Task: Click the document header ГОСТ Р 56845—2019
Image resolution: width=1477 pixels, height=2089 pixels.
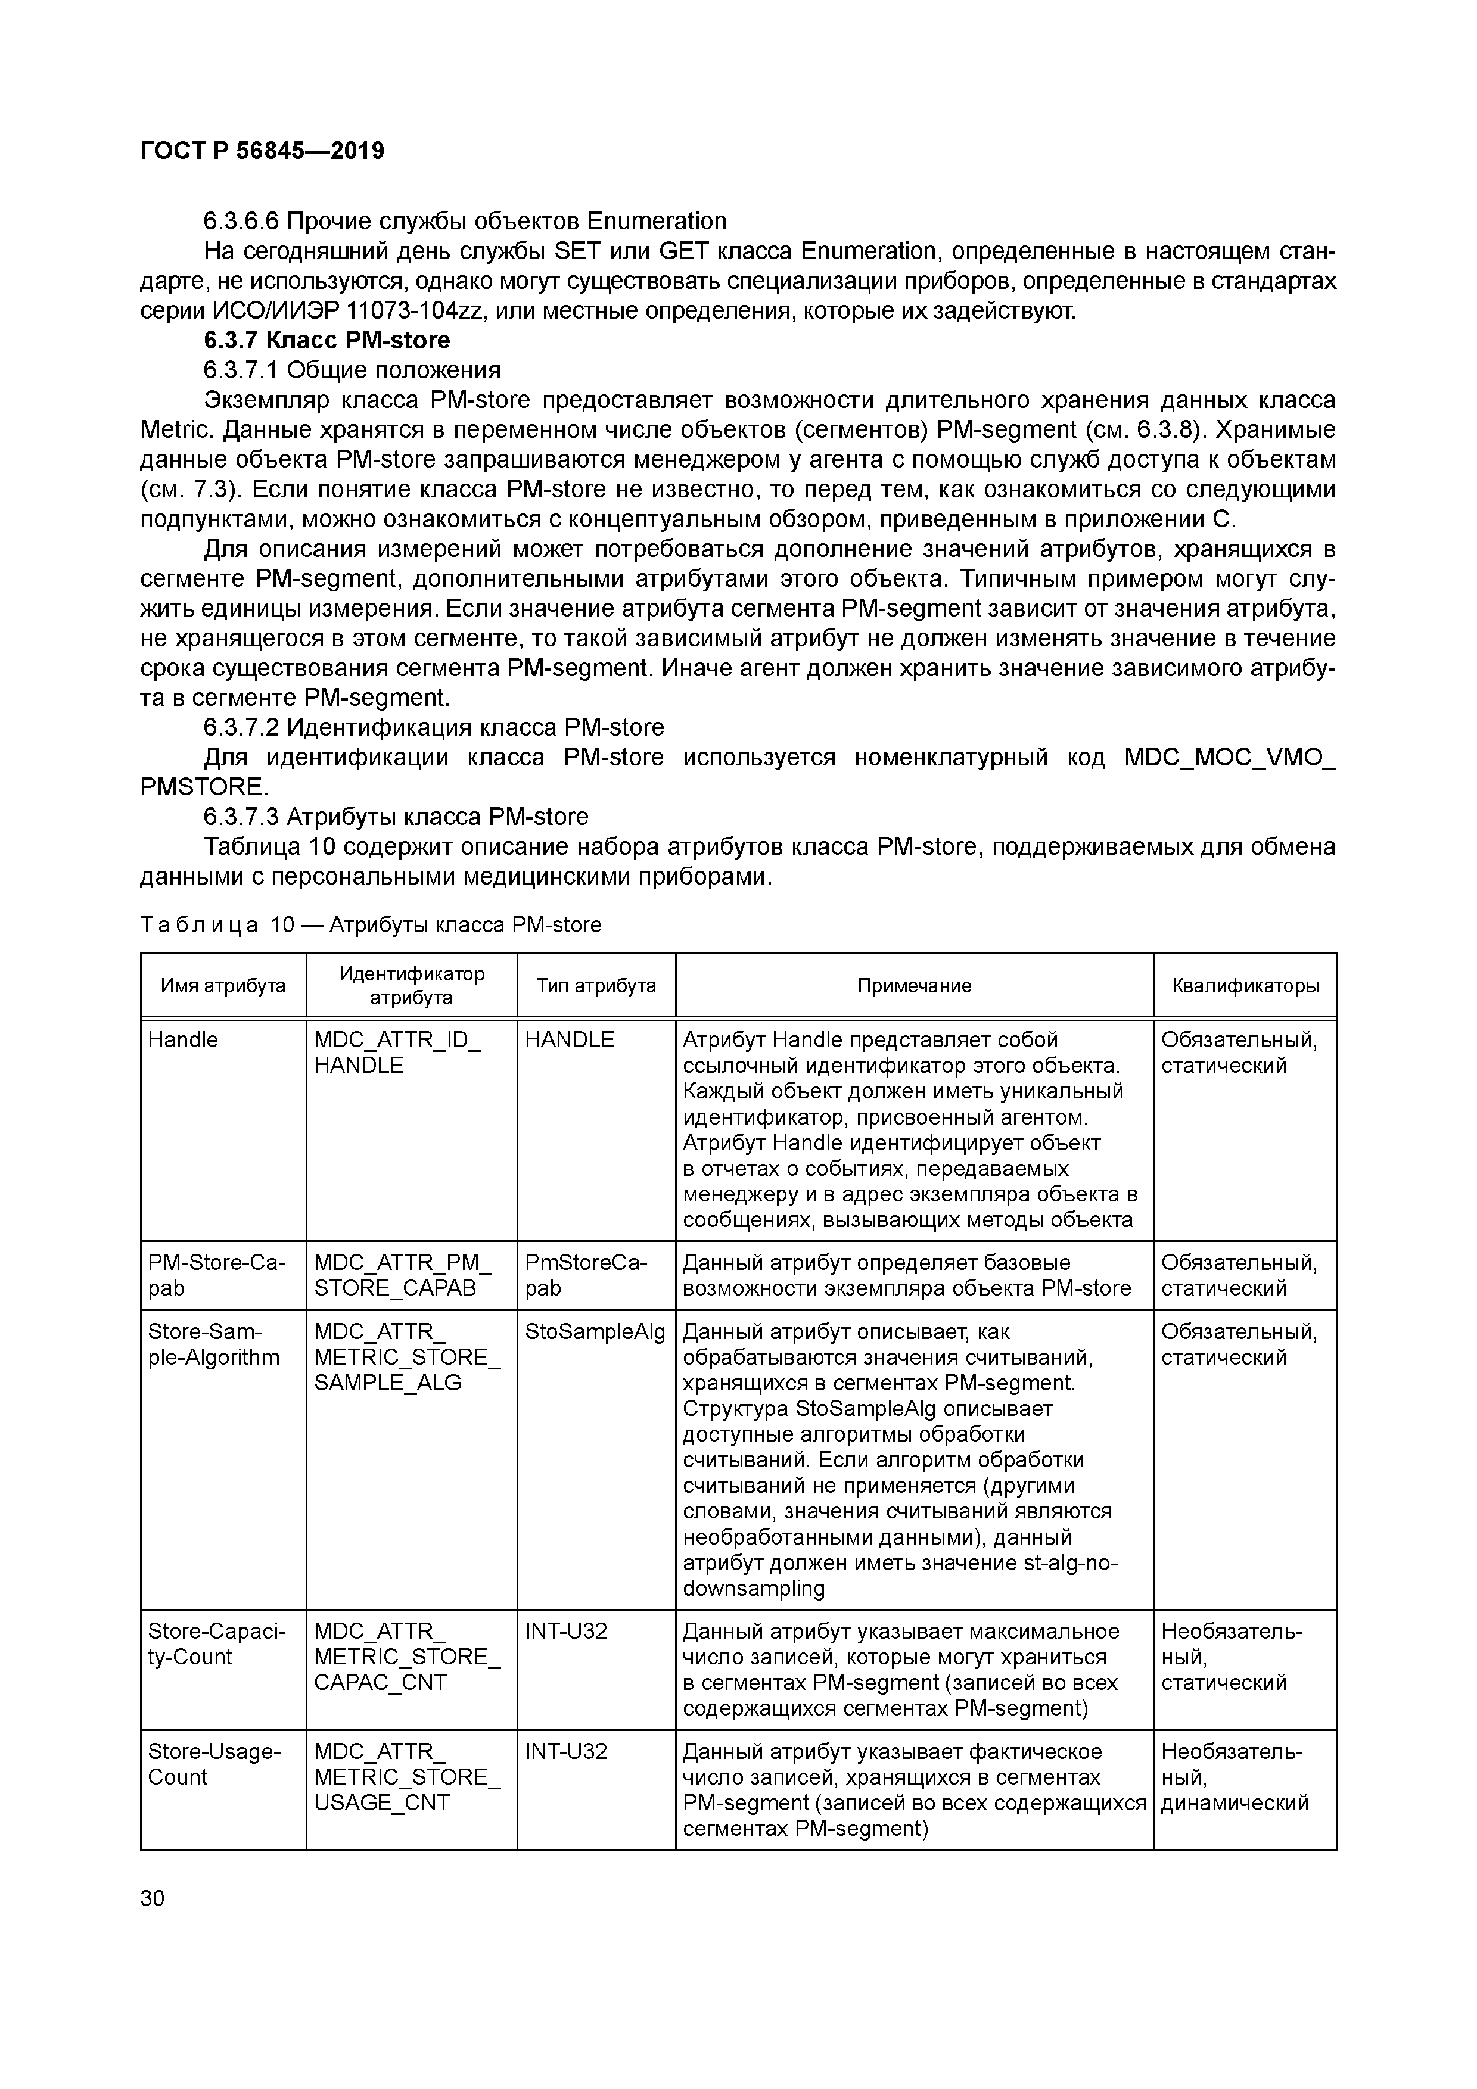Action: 262,151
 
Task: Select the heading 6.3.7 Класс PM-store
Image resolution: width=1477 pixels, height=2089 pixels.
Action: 327,340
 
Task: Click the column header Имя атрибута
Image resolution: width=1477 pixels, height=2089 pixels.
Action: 223,985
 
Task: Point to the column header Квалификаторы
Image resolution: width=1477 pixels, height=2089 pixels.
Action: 1244,985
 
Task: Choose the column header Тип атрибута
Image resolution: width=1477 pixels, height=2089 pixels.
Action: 595,985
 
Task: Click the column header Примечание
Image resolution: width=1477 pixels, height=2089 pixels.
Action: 914,985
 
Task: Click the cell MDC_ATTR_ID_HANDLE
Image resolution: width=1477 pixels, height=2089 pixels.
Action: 397,1053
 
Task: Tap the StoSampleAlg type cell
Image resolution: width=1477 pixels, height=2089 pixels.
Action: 595,1332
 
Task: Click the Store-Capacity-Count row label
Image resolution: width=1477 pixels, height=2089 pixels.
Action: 217,1644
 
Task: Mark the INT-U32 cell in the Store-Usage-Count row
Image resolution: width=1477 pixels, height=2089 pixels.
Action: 566,1751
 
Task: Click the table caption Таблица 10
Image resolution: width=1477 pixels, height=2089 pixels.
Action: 371,925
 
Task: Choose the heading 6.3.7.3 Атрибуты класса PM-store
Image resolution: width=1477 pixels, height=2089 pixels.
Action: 396,816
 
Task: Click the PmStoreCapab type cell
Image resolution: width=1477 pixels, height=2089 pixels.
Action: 586,1275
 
